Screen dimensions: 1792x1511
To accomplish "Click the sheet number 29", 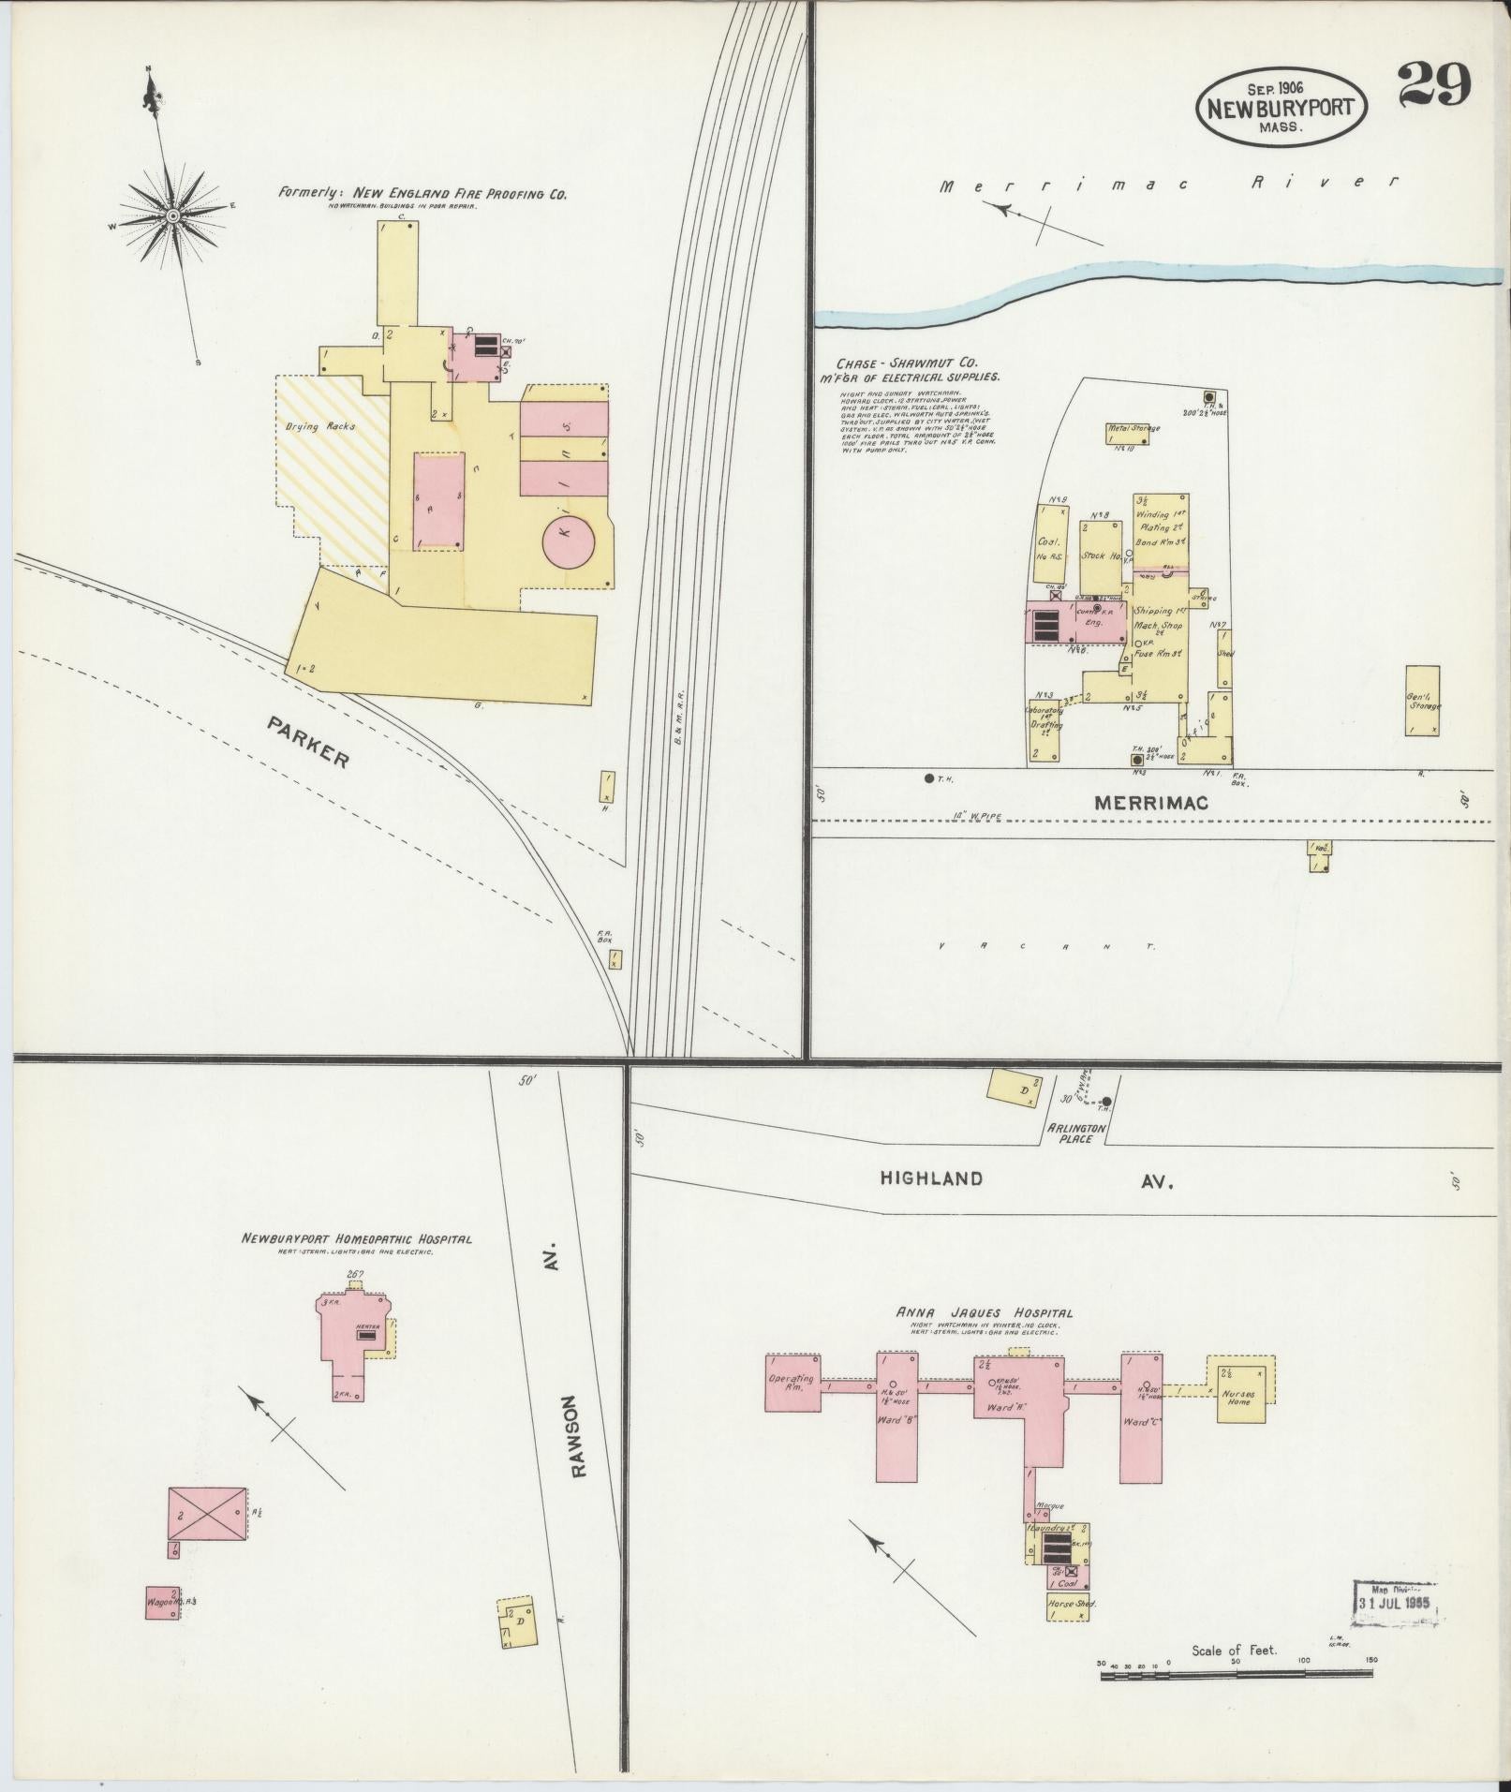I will pyautogui.click(x=1433, y=86).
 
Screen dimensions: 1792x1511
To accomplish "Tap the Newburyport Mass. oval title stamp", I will pyautogui.click(x=1280, y=105).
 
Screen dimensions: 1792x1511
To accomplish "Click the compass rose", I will pyautogui.click(x=173, y=216).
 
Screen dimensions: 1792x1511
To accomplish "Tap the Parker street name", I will pyautogui.click(x=306, y=742).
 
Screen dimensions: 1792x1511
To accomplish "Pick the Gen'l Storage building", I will pyautogui.click(x=1422, y=700).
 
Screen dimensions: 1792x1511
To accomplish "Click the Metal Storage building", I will pyautogui.click(x=1133, y=433).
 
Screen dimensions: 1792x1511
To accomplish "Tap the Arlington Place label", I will pyautogui.click(x=1077, y=1133).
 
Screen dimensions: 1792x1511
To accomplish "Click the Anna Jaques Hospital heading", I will pyautogui.click(x=985, y=1312).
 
